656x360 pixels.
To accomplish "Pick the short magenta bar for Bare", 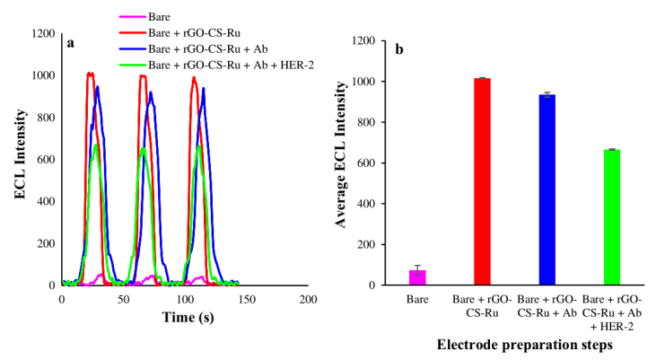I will (x=417, y=277).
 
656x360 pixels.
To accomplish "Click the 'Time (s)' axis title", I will (x=185, y=318).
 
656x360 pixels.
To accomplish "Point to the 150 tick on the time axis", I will (x=246, y=297).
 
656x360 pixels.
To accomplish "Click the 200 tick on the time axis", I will (x=308, y=297).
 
